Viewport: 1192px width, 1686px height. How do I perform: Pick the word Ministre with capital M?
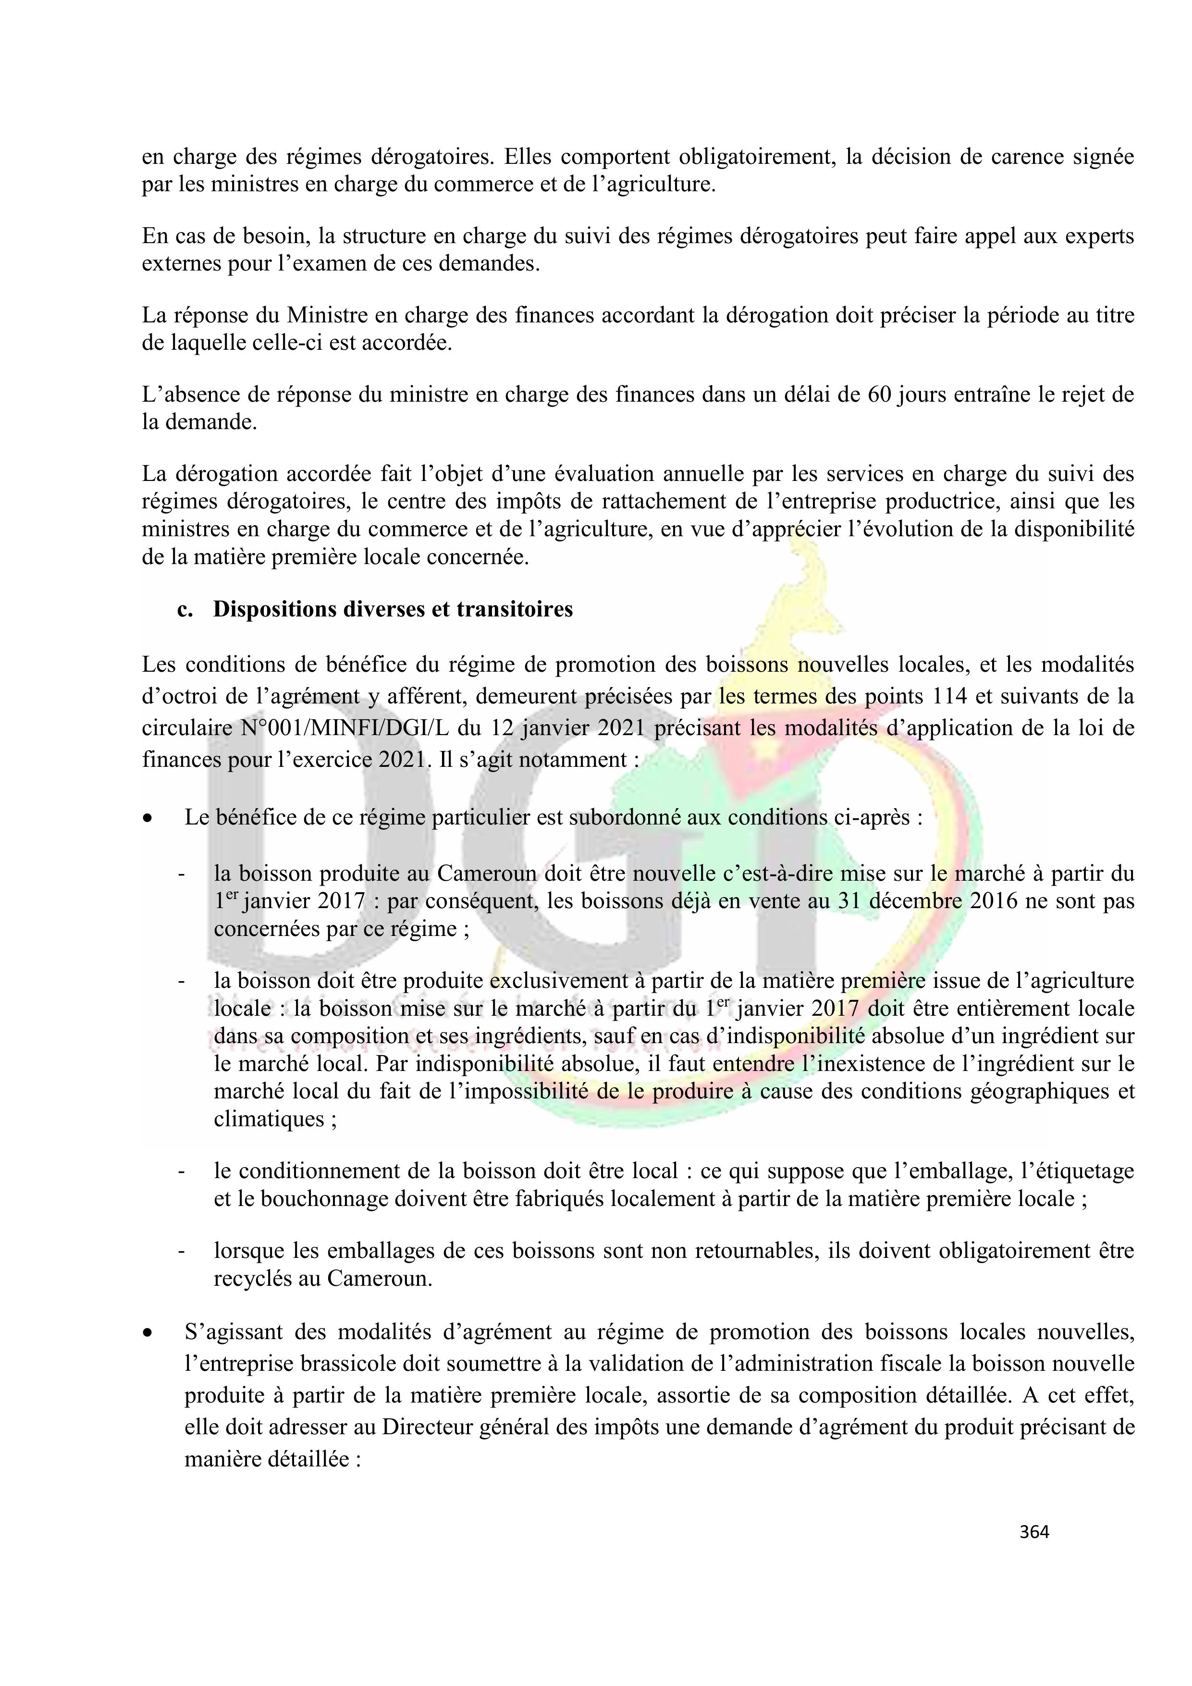[x=327, y=316]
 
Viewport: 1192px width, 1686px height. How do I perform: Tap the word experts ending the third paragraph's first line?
[x=1099, y=236]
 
